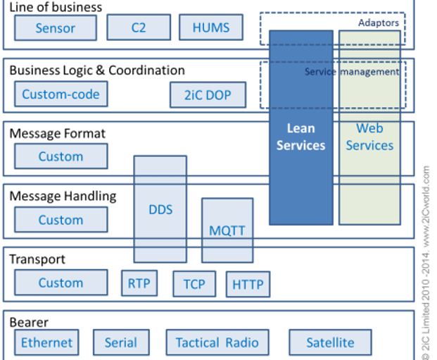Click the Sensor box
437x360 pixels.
click(56, 29)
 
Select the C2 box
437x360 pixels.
click(139, 29)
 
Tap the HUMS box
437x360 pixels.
click(210, 29)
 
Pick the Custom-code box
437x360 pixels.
click(61, 94)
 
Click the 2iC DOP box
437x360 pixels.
click(208, 94)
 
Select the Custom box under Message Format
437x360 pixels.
click(61, 156)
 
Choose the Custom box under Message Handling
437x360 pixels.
click(61, 220)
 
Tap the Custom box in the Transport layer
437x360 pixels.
click(61, 283)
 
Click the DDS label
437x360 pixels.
click(160, 210)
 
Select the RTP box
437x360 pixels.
click(139, 284)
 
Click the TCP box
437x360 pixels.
click(194, 285)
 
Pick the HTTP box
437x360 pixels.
click(247, 285)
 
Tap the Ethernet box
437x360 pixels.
click(47, 343)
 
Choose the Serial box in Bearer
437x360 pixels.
click(121, 343)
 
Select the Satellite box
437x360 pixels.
click(331, 343)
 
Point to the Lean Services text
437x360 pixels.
click(300, 137)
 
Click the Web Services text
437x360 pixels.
click(369, 137)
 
